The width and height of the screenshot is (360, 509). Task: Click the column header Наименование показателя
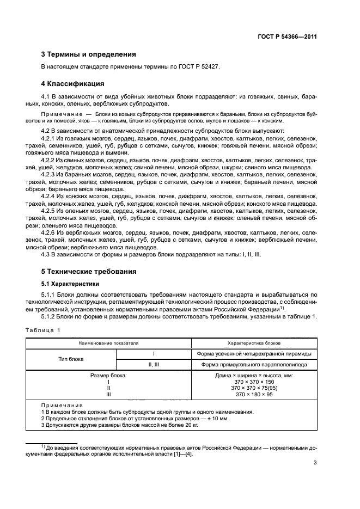coord(108,344)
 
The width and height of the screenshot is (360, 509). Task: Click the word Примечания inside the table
coord(62,406)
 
